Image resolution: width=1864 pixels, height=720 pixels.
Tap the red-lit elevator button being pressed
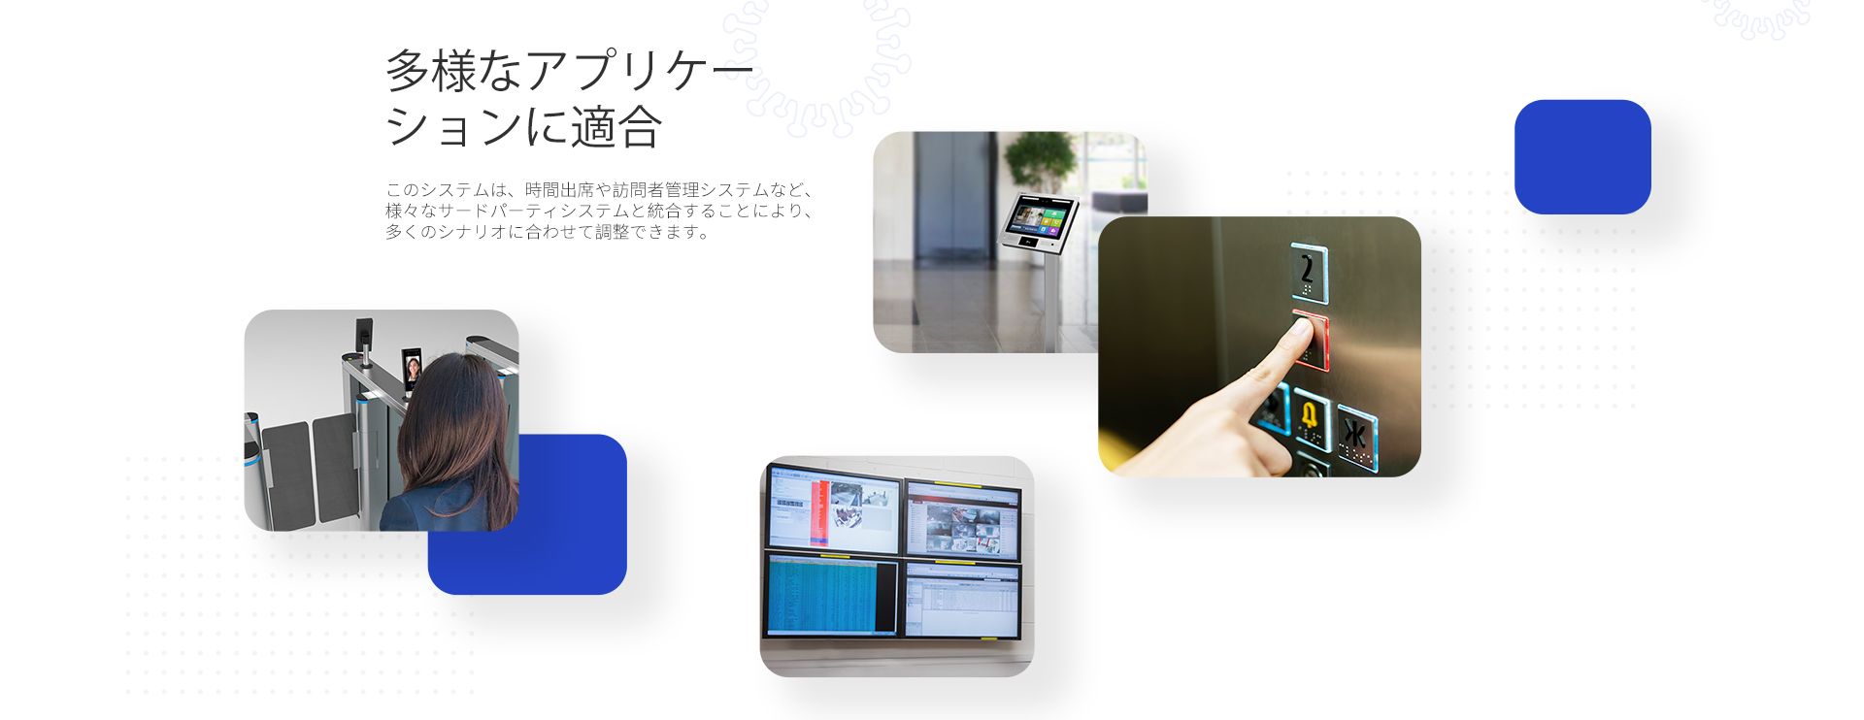tap(1313, 340)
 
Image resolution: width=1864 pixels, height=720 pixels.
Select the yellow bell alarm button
tap(1311, 418)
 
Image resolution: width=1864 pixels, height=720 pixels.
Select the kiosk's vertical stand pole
tap(1049, 302)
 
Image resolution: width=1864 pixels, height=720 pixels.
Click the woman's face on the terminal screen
tap(413, 370)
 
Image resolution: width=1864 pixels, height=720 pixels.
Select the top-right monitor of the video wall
tap(964, 519)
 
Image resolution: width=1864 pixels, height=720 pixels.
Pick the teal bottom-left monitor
tap(832, 596)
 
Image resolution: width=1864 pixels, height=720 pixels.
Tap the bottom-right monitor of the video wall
tap(963, 600)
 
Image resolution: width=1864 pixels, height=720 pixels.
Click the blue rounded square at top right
tap(1582, 156)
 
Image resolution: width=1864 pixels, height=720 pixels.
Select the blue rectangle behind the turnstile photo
tap(573, 543)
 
